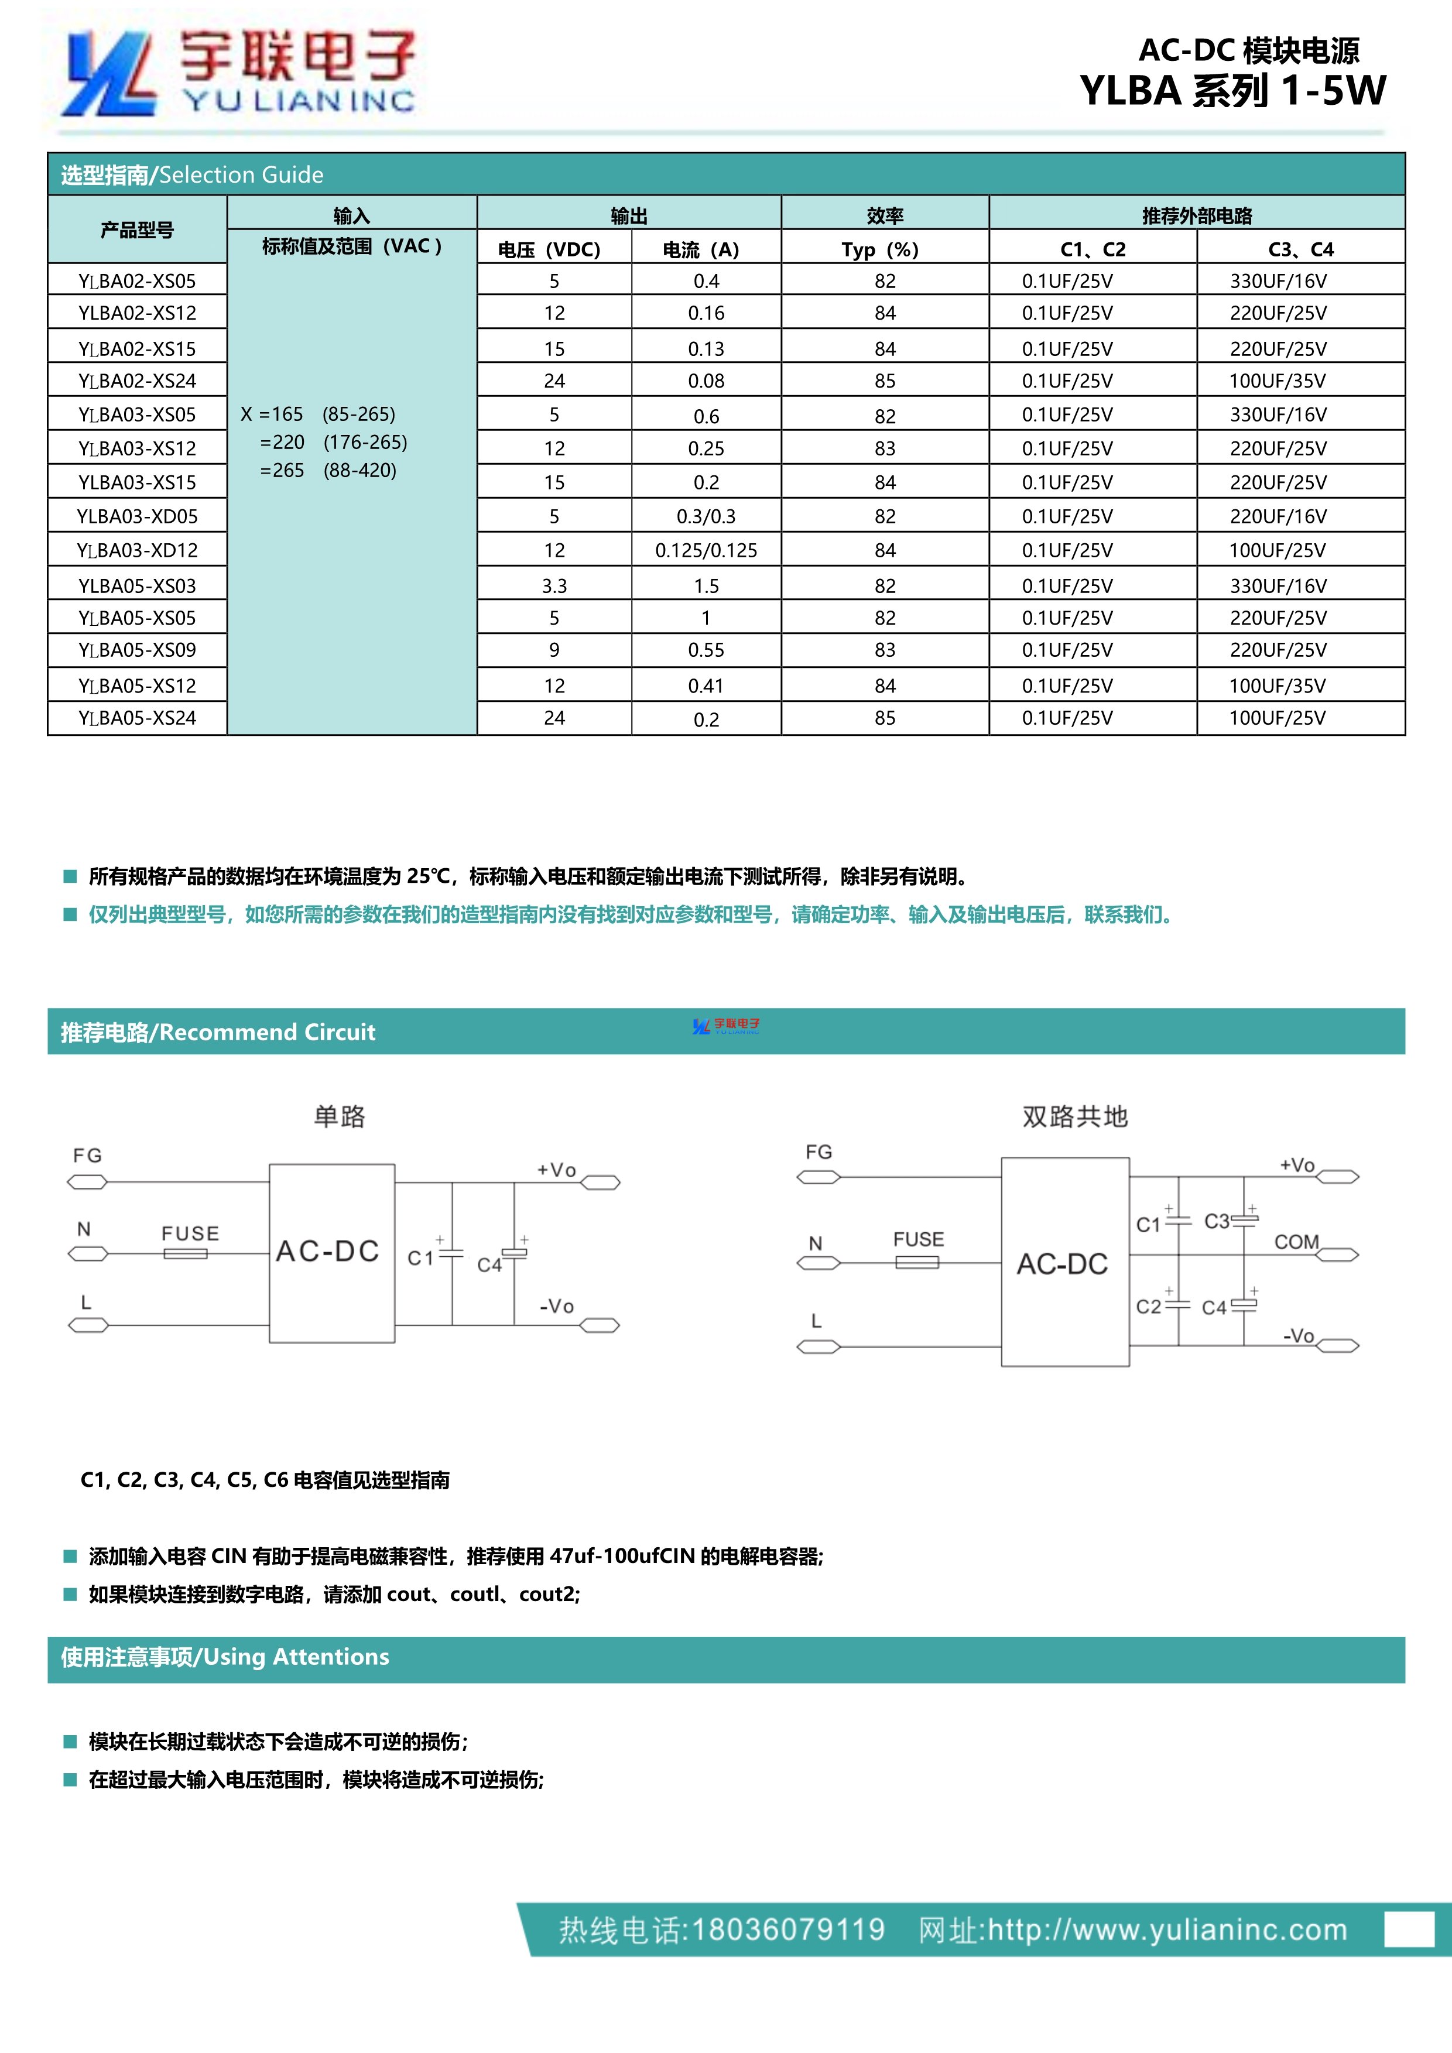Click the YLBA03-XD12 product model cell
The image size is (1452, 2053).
137,550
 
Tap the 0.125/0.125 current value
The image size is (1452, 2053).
706,550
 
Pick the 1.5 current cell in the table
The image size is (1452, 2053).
706,585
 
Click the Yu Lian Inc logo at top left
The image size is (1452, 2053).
238,73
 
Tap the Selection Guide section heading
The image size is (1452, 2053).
192,174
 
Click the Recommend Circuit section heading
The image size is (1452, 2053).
218,1032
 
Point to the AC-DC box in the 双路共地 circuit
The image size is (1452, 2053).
1063,1263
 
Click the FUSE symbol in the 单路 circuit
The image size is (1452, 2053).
186,1253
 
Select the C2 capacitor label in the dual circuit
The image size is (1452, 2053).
1148,1307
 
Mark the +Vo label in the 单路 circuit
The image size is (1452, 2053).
556,1170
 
